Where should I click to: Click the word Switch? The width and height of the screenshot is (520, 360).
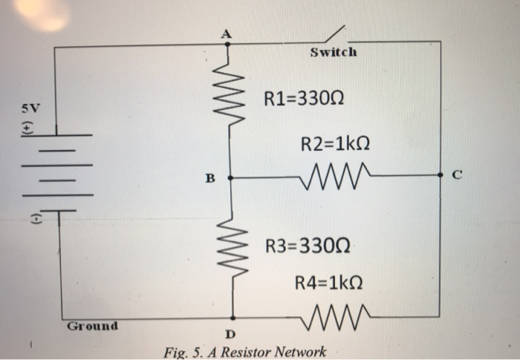[x=333, y=53]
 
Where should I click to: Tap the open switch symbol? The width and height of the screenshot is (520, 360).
[x=334, y=34]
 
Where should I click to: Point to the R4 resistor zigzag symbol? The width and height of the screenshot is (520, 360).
[x=332, y=316]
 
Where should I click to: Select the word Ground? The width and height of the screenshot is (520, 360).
[x=92, y=326]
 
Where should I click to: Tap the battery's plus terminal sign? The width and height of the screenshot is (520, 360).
[x=28, y=127]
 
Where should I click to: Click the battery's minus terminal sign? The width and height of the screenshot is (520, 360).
[x=29, y=219]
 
